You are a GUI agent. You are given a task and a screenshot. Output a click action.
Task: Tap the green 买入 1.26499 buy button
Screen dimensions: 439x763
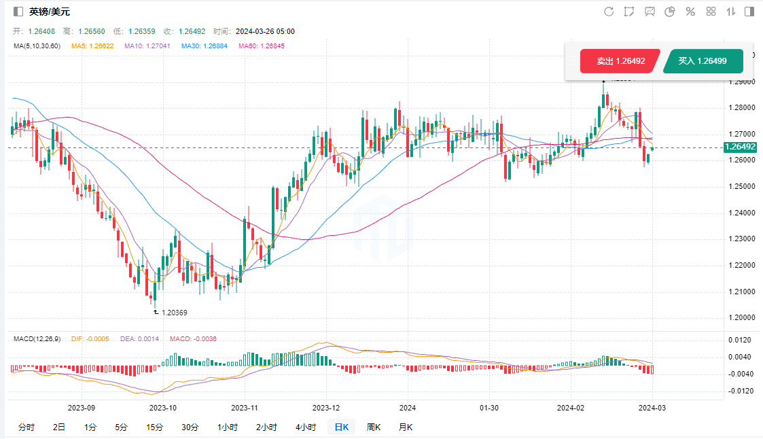point(703,61)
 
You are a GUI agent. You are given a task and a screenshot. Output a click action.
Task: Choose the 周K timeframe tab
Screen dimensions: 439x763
point(373,427)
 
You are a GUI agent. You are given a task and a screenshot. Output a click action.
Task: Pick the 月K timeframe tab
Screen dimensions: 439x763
point(405,427)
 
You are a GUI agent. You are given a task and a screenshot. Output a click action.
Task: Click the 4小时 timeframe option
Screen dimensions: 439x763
point(306,427)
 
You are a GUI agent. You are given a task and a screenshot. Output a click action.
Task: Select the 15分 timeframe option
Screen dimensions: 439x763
point(154,427)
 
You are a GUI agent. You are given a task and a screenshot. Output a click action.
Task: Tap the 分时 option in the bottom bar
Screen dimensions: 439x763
point(26,427)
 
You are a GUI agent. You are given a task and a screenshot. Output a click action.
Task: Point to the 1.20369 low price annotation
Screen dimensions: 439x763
point(174,313)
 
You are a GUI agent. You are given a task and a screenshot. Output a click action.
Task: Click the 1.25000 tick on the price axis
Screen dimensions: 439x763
point(741,186)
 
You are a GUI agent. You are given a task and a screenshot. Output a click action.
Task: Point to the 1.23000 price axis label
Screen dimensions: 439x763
point(741,239)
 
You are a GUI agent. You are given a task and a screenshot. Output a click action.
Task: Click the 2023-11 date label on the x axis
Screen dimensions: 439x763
point(245,408)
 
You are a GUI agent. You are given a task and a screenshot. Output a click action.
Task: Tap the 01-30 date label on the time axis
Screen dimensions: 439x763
point(489,408)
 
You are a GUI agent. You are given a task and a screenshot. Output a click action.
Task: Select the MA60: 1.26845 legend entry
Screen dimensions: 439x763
point(262,46)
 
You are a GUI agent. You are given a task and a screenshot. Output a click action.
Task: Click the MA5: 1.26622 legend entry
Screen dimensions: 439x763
point(92,46)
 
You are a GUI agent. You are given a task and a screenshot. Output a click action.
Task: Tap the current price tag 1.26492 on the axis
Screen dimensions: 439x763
point(741,147)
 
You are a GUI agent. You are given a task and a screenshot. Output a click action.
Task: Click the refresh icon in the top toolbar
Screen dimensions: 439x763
point(609,12)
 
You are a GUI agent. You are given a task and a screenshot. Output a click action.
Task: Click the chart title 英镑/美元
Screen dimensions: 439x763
point(49,12)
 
